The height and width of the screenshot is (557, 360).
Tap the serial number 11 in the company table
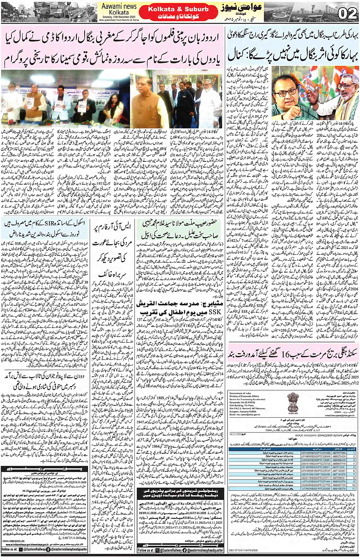tap(354, 488)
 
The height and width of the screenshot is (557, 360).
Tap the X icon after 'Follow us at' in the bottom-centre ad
tap(157, 550)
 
